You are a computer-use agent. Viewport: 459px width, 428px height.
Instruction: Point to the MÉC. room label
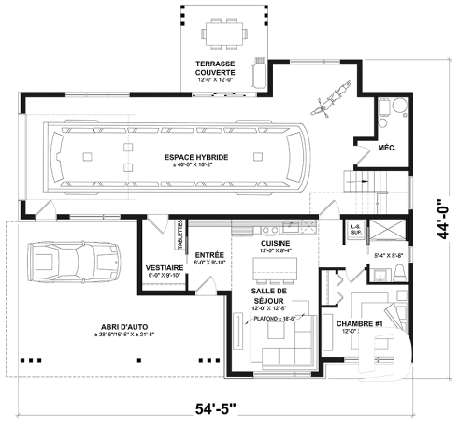(387, 148)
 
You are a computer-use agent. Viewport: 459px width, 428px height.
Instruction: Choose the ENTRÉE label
(208, 255)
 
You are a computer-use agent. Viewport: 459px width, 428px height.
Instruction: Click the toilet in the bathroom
(398, 271)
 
